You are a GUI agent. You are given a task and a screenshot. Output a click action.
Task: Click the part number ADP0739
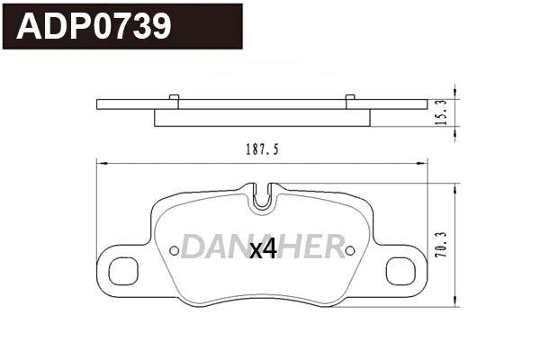(94, 26)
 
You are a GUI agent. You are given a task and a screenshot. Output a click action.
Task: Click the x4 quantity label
(263, 250)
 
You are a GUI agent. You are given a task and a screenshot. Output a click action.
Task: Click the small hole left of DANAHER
(175, 250)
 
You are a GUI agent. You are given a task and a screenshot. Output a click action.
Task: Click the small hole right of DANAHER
(350, 250)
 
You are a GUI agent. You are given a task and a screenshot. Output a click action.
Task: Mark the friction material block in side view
(262, 118)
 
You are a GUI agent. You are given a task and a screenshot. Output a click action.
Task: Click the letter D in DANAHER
(193, 246)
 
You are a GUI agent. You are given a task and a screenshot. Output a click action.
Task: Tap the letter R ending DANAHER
(333, 246)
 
